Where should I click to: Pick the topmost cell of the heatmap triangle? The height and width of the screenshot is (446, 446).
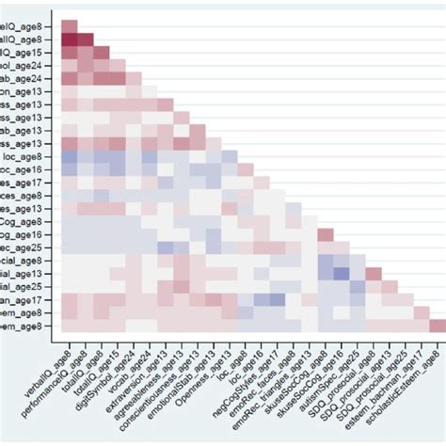pyautogui.click(x=70, y=25)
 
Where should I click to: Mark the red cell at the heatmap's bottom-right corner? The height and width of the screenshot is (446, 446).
pyautogui.click(x=438, y=326)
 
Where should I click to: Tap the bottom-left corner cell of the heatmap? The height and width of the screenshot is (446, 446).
pyautogui.click(x=70, y=326)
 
